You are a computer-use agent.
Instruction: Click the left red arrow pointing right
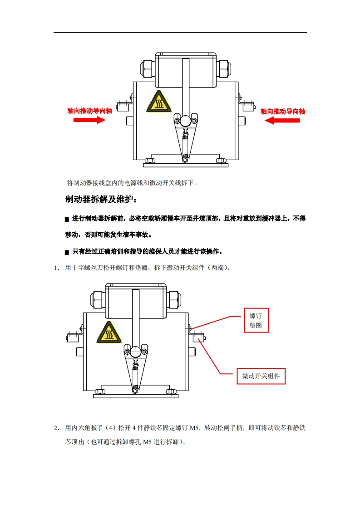click(89, 120)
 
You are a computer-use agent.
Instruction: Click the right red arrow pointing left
click(282, 120)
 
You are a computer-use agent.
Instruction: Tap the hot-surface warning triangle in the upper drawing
click(159, 102)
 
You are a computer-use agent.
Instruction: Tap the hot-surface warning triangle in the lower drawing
click(109, 333)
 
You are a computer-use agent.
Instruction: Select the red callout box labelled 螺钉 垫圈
click(256, 320)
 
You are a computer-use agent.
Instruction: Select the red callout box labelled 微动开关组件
click(261, 376)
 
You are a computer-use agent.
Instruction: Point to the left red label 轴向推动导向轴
click(90, 111)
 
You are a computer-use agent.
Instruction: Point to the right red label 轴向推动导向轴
click(283, 111)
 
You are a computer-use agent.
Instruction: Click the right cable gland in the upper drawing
click(224, 69)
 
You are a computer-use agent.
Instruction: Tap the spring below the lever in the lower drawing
click(135, 375)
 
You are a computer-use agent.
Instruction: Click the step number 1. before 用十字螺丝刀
click(57, 268)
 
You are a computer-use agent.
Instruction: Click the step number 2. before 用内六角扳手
click(57, 428)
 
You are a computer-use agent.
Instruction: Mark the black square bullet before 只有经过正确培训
click(67, 252)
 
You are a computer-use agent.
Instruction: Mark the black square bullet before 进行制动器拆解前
click(67, 219)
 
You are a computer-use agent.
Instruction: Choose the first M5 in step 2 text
click(194, 428)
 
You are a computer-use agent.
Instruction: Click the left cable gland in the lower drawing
click(98, 299)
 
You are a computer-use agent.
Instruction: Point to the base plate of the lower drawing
click(136, 396)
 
